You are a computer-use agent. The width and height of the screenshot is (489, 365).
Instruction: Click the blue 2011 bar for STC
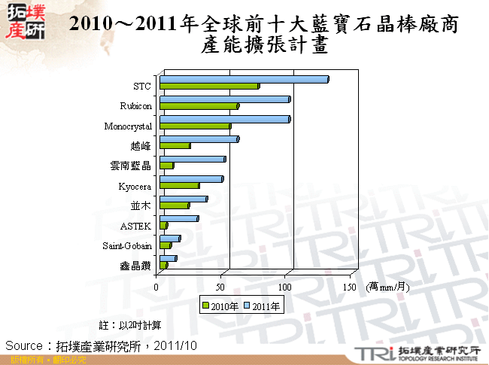[x=244, y=79]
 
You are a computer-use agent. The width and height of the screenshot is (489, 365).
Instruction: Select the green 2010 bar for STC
[x=209, y=87]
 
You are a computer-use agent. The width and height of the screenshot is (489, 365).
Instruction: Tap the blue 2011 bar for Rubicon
[x=224, y=99]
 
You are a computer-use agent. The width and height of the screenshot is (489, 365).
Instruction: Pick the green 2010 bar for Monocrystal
[x=195, y=126]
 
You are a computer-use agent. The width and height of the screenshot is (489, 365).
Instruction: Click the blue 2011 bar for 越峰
[x=199, y=138]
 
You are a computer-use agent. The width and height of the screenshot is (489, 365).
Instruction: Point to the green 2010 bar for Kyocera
[x=179, y=185]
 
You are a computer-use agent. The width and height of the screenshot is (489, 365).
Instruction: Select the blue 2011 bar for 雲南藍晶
[x=192, y=159]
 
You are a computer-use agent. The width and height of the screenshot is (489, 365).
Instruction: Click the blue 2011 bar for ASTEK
[x=178, y=218]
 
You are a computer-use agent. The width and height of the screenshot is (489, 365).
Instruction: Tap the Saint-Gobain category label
[x=127, y=246]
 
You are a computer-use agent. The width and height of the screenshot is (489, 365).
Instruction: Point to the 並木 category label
[x=141, y=206]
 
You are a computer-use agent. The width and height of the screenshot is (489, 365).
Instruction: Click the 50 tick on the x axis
[x=221, y=287]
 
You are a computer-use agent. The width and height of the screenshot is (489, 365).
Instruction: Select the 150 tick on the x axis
[x=350, y=287]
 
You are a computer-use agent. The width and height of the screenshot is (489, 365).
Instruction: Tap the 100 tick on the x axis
[x=286, y=287]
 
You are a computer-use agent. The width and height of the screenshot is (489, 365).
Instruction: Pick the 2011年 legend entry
[x=264, y=306]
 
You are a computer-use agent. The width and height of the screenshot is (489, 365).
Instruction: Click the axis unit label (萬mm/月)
[x=388, y=287]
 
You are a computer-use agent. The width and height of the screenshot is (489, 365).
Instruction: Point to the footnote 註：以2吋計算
[x=130, y=325]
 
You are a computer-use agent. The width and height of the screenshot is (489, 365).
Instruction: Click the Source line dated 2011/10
[x=101, y=345]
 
